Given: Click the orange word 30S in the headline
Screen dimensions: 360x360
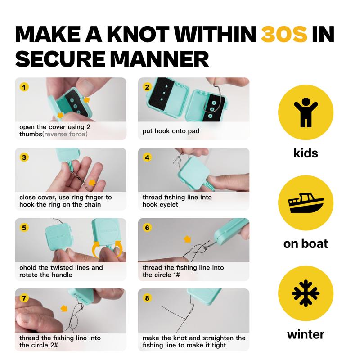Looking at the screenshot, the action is [284, 35].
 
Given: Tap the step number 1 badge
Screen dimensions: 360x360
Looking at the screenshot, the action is [24, 87].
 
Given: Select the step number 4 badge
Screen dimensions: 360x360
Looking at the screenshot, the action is [147, 157].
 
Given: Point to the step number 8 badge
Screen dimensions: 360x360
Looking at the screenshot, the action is [147, 298].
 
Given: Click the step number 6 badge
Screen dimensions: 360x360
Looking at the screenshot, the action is [147, 228].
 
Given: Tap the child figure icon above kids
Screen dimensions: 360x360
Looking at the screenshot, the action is [306, 112].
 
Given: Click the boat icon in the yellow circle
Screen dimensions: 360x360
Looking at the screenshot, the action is [306, 203].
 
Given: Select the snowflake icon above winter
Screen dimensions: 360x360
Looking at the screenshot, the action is [306, 293].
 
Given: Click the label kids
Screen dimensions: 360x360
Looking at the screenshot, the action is [306, 153].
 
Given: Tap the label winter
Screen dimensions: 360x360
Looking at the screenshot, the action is [306, 334].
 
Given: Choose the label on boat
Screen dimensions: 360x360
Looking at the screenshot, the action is [306, 244].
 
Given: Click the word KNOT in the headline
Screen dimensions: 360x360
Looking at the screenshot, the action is [138, 35].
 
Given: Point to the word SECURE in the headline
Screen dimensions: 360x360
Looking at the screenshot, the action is [60, 59].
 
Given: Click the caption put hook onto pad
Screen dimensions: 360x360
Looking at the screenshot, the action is [171, 131].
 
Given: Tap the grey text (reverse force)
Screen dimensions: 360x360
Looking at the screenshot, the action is [65, 134].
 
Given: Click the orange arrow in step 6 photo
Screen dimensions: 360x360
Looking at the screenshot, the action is [188, 239].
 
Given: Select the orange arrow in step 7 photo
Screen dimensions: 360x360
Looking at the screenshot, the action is [64, 308].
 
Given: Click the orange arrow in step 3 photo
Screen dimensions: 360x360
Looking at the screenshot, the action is [92, 183].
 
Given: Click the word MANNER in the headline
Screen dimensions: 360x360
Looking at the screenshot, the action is [160, 59].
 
